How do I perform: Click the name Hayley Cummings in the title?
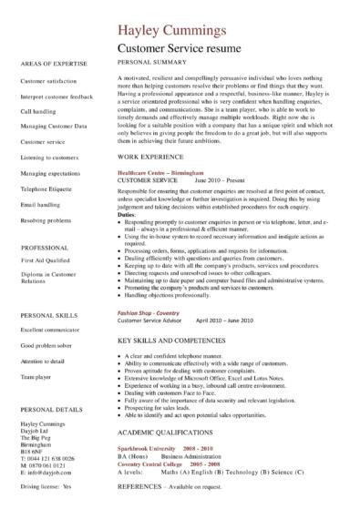point(177,35)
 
